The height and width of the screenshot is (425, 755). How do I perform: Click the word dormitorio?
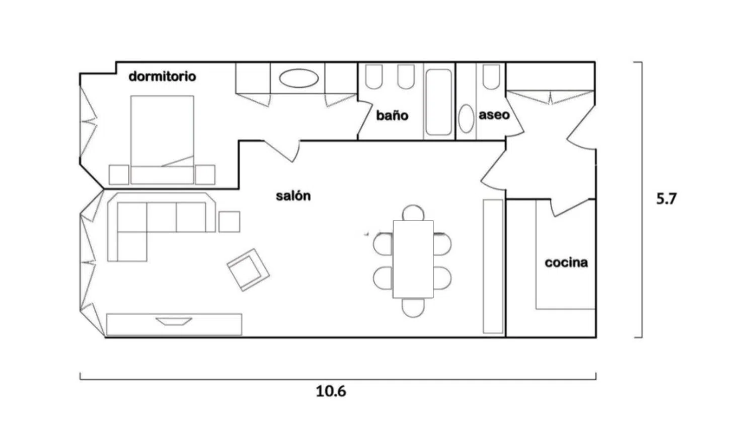click(162, 76)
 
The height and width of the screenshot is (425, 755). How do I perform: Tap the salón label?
click(293, 196)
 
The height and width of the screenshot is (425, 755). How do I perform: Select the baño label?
click(392, 115)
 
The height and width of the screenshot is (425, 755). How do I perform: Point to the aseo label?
click(494, 115)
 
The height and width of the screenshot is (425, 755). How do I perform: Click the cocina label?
click(566, 262)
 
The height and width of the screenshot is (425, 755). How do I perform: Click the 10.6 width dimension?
click(331, 391)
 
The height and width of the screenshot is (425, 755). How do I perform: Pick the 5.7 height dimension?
click(666, 199)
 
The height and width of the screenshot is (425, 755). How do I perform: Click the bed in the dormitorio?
click(162, 139)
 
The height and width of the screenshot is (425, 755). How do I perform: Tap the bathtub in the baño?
click(438, 102)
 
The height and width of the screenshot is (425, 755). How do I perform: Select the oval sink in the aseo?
click(467, 118)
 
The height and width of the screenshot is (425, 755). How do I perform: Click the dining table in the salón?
click(413, 259)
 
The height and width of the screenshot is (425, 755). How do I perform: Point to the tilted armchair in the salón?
click(248, 270)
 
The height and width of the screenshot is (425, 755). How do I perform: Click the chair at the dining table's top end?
click(413, 213)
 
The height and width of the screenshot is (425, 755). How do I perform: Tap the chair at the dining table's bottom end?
click(413, 308)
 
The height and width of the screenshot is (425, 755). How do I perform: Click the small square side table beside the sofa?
click(229, 222)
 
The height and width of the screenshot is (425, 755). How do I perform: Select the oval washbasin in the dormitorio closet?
click(298, 79)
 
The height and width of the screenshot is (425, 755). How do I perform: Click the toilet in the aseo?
click(491, 77)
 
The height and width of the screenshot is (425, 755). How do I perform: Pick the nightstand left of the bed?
click(119, 175)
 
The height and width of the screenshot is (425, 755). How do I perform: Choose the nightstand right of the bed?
click(205, 175)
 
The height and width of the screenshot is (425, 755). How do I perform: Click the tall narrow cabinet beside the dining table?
click(493, 266)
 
